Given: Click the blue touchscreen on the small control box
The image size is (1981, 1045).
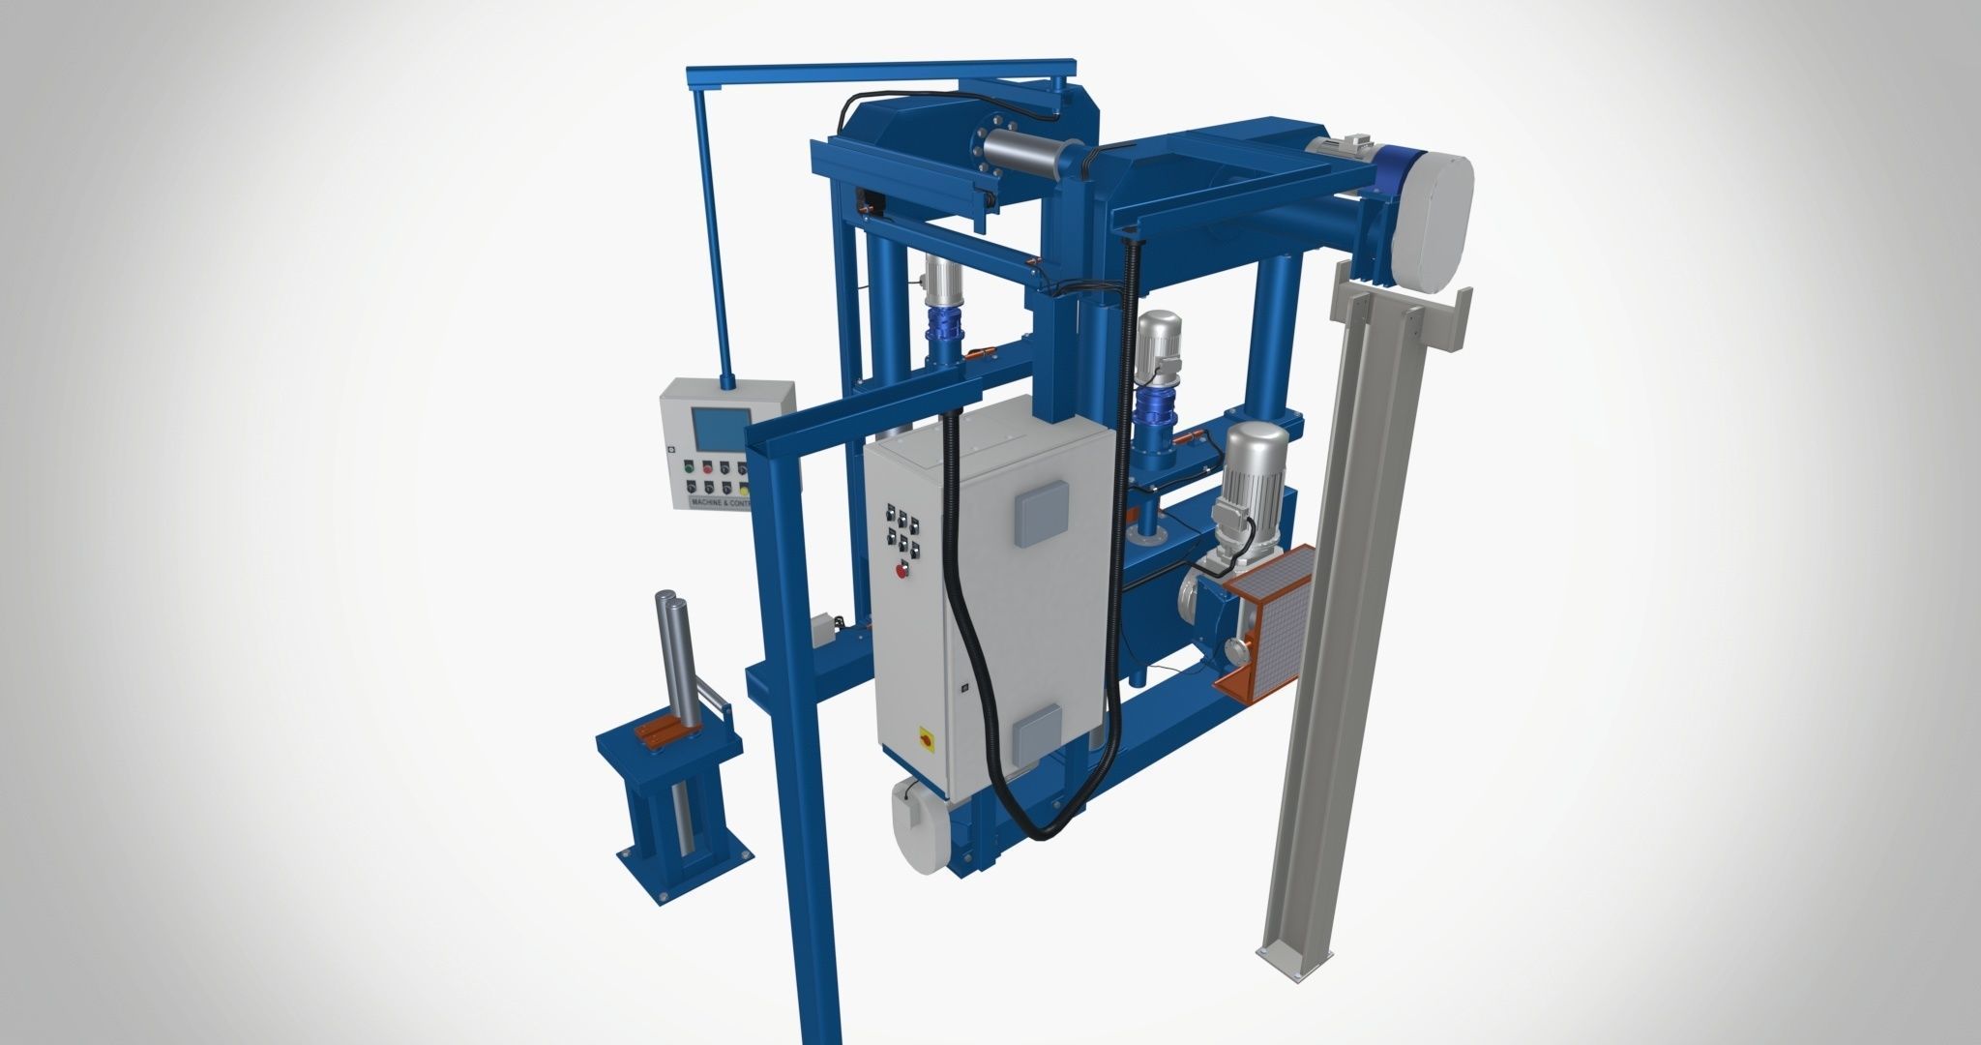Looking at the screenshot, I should pos(720,430).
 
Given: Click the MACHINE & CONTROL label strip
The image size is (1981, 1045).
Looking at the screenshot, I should pos(720,503).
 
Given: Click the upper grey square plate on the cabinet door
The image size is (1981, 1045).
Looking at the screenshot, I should pos(1041,513).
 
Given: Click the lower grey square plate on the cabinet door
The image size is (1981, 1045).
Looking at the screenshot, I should pos(1036,733).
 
